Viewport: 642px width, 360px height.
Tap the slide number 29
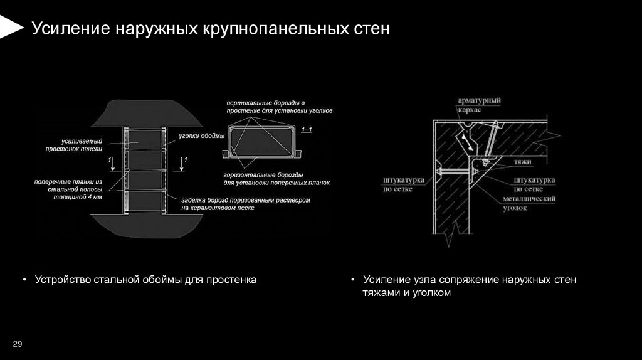17,344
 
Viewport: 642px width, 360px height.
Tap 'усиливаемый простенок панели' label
74,145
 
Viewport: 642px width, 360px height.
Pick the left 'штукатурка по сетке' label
404,184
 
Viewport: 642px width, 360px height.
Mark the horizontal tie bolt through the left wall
455,171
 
